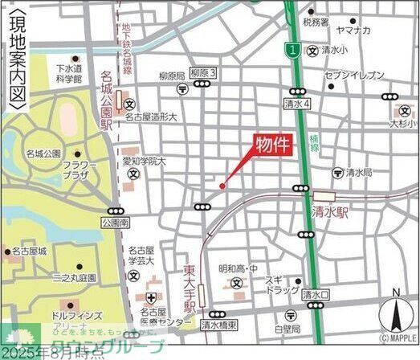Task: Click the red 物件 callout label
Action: (x=271, y=144)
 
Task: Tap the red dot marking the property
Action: (x=222, y=186)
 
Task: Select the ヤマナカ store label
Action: (x=353, y=30)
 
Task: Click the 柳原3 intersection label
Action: (x=204, y=72)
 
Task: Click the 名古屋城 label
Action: (x=29, y=252)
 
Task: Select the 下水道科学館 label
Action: (x=69, y=75)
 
